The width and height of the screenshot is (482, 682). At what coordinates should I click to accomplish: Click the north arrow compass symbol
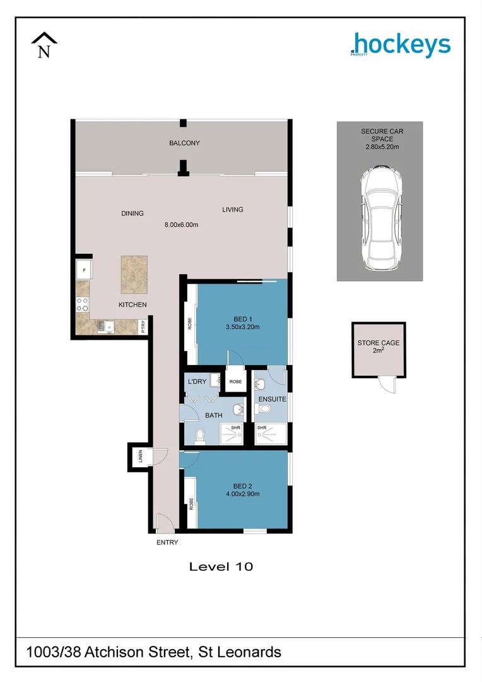44,45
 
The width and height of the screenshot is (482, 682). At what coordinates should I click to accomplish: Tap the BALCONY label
184,143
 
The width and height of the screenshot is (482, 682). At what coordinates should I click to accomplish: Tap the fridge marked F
84,270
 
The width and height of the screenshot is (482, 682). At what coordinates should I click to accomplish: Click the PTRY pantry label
144,326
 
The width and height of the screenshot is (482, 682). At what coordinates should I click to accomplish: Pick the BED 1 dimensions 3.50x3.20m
243,327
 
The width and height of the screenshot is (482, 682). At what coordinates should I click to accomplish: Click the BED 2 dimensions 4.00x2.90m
242,494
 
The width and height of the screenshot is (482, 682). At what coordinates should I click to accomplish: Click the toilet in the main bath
199,434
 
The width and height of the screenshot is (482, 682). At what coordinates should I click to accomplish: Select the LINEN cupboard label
140,456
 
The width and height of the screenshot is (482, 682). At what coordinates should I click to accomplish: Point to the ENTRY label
167,542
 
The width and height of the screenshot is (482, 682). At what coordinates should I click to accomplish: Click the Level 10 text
221,566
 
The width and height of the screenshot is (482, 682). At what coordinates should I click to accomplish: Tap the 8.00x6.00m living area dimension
182,225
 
